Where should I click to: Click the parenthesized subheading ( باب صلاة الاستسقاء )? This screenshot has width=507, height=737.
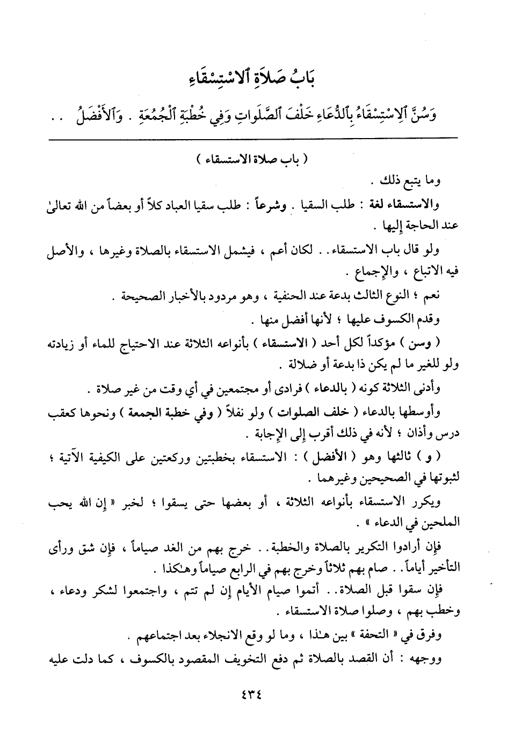tap(253, 160)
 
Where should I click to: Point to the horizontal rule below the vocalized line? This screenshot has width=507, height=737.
tap(253, 139)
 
